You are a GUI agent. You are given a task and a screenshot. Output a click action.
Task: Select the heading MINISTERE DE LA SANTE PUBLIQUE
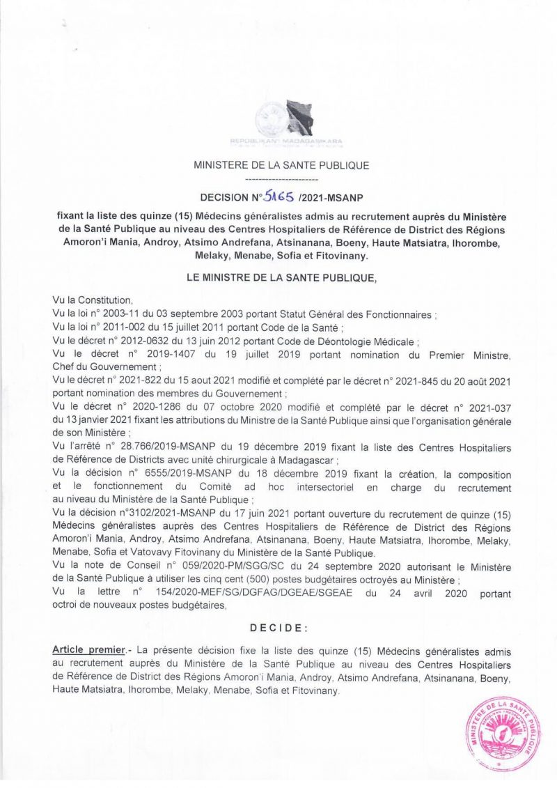(x=281, y=166)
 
